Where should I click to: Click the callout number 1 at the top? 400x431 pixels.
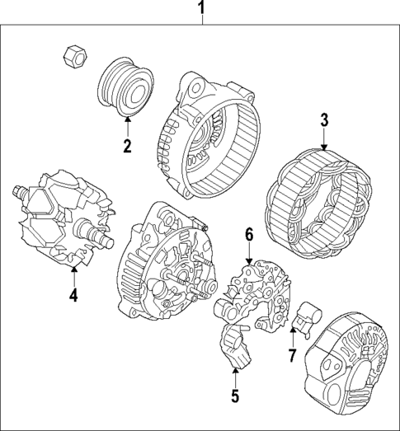coord(200,10)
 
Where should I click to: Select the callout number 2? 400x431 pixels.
coord(128,148)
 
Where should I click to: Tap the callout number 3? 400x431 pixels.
coord(324,120)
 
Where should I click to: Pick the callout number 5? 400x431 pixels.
coord(234,396)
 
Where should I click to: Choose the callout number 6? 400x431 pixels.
coord(247,235)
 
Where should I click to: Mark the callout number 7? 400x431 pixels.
coord(291,355)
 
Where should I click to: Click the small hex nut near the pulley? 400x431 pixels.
coord(72,55)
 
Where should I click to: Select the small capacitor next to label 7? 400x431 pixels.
coord(311,315)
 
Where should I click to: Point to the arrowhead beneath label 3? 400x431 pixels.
coord(324,148)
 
